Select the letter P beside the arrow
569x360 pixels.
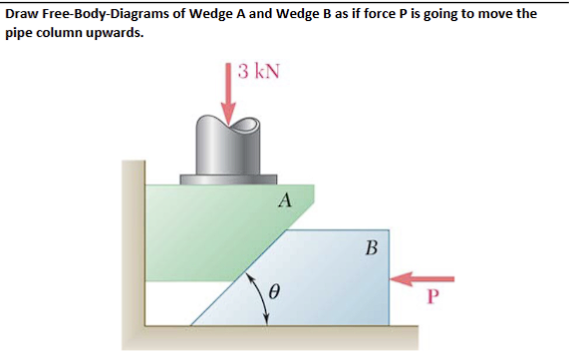click(431, 296)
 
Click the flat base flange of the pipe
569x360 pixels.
click(228, 180)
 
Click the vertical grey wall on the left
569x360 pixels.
click(133, 249)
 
